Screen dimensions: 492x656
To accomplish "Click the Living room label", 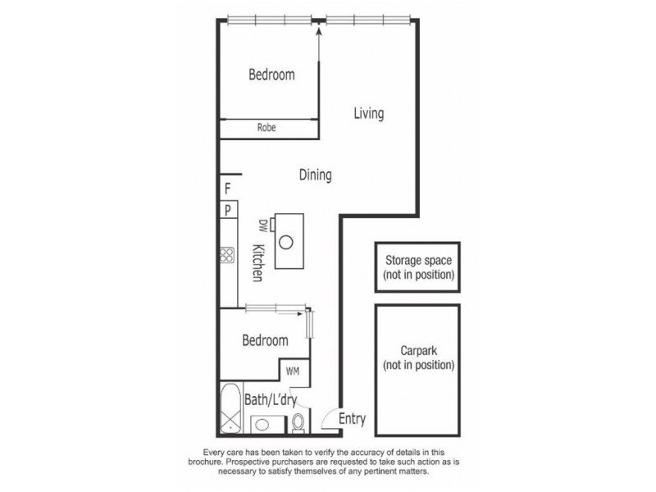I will [x=368, y=114].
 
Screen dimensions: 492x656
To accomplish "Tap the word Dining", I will [x=314, y=175].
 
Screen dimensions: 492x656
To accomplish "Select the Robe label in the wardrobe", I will [x=266, y=128].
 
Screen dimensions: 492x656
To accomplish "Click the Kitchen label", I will [x=257, y=263].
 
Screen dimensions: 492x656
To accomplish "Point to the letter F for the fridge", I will [x=227, y=189].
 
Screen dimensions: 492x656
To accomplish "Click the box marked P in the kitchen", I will [x=227, y=211].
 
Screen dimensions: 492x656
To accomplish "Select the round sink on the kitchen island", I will [x=287, y=242].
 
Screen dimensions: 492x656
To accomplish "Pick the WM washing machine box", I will [x=294, y=371].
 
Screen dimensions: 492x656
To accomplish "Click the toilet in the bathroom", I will [x=298, y=422].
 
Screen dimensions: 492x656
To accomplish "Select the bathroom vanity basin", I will [x=263, y=425].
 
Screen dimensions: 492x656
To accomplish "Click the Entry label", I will [x=351, y=420].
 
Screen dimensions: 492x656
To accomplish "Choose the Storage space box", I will [x=418, y=267].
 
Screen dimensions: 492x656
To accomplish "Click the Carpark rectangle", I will [x=418, y=371].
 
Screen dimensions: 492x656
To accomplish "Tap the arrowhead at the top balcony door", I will [x=318, y=31].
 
